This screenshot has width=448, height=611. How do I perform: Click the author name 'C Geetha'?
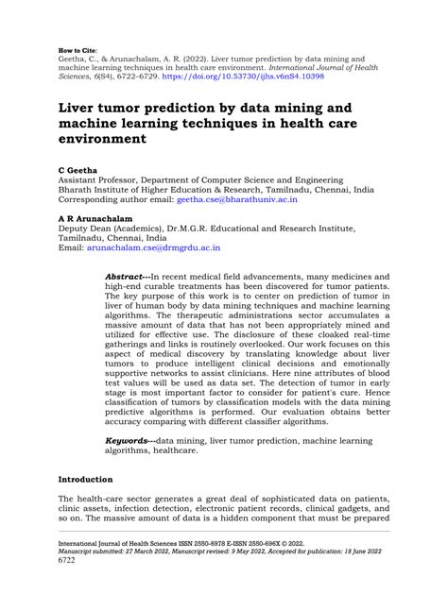75,164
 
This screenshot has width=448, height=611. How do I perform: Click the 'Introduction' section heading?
85,480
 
